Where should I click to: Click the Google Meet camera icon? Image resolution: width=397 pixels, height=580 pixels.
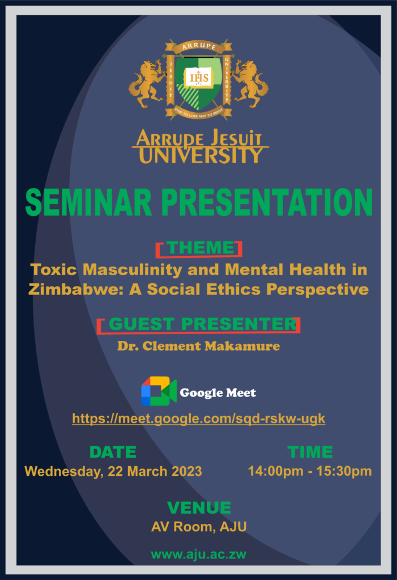[x=159, y=391]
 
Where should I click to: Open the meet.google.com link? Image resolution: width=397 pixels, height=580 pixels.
[x=199, y=419]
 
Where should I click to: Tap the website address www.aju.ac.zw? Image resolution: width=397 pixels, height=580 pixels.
[x=199, y=555]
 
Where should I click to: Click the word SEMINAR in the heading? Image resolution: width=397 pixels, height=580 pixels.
[x=88, y=202]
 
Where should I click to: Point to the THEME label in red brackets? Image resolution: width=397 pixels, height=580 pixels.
[x=200, y=248]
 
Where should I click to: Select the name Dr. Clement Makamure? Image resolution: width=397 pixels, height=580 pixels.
[x=199, y=346]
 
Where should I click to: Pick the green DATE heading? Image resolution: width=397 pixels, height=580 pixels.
[x=113, y=452]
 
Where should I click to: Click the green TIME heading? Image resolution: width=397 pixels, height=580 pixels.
[x=310, y=452]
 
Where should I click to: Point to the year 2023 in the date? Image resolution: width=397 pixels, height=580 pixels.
[x=187, y=471]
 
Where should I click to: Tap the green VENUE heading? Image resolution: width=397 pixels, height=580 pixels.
[x=199, y=507]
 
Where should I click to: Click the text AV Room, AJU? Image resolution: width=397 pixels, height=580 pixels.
[x=199, y=527]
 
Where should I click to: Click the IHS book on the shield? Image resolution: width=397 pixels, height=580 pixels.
[x=199, y=78]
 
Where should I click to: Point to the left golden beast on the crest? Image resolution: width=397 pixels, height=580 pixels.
[x=147, y=84]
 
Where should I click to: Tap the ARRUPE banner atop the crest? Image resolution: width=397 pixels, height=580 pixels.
[x=199, y=46]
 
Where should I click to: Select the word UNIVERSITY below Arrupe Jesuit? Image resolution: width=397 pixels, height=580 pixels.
[x=200, y=155]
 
